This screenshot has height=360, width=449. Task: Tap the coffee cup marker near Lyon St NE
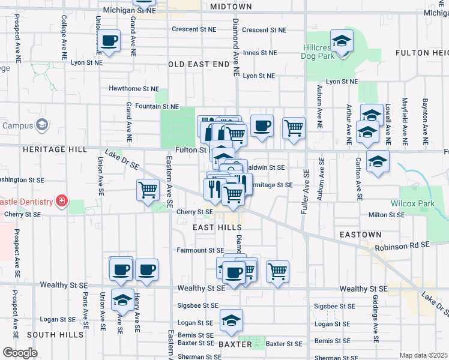click(x=109, y=41)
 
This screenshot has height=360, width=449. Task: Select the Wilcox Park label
click(x=412, y=204)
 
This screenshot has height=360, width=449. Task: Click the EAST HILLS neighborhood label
click(x=217, y=228)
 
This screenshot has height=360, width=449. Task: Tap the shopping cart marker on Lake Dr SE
click(x=148, y=191)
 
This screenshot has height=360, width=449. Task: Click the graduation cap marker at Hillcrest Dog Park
click(x=342, y=41)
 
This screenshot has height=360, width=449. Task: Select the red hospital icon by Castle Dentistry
click(x=61, y=200)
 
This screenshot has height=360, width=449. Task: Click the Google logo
click(x=20, y=352)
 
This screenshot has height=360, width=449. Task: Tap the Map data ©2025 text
click(x=423, y=355)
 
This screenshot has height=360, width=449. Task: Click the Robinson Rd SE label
click(x=402, y=245)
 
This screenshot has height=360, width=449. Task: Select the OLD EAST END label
click(x=199, y=64)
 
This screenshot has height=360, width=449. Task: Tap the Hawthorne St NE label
click(x=133, y=88)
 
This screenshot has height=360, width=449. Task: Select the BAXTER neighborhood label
click(x=235, y=344)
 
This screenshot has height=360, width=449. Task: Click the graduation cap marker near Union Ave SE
click(x=122, y=300)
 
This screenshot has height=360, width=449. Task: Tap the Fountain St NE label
click(x=157, y=107)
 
